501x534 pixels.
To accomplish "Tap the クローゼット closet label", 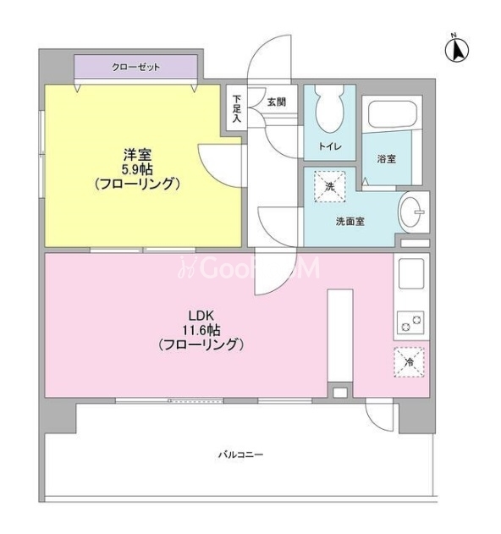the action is point(136,67).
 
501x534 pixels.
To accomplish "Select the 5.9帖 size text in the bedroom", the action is point(138,169).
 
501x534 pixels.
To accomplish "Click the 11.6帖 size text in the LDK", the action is point(201,330).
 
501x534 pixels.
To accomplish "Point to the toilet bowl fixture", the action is point(329,109).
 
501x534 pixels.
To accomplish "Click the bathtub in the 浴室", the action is point(393,113).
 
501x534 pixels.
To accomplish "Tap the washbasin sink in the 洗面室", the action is point(413,212).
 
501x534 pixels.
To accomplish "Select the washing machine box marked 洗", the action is point(329,187).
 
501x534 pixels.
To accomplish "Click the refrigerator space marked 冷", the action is point(409,362).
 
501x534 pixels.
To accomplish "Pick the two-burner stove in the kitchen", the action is point(410,322).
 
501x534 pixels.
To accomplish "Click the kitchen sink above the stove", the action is point(411,273).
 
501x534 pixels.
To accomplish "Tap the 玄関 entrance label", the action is point(276,102).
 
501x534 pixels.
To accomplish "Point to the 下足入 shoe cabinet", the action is point(237,107).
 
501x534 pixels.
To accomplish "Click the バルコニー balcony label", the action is point(241,454).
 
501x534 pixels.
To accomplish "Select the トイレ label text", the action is point(330,146).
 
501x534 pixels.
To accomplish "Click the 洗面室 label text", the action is point(350,222).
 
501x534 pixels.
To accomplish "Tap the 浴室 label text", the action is point(386,158).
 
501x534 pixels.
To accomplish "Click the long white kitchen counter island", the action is point(340,336).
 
